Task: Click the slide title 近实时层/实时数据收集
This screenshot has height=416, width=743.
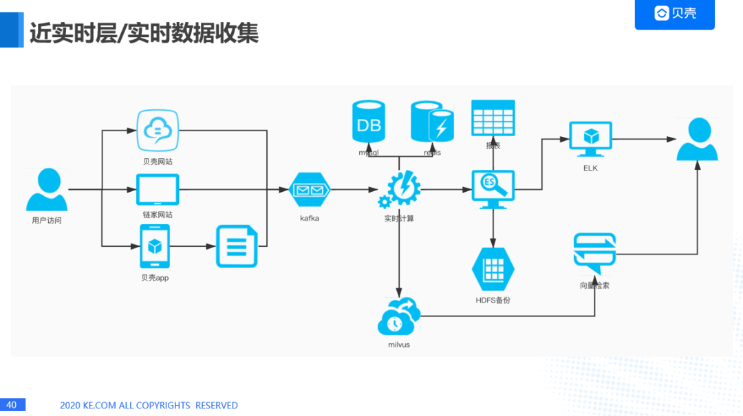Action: click(x=144, y=33)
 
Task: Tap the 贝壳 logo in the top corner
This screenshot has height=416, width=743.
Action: click(x=674, y=14)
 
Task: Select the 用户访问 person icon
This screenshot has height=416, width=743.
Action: click(x=47, y=190)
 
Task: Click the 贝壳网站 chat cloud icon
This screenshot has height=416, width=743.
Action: click(x=158, y=131)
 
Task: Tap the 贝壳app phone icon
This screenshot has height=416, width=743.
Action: click(x=155, y=246)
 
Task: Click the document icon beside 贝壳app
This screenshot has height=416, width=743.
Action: click(x=237, y=246)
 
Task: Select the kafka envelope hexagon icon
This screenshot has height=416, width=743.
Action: click(x=310, y=190)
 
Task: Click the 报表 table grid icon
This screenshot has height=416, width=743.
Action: click(x=493, y=118)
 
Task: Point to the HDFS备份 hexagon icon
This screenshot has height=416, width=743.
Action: click(x=493, y=269)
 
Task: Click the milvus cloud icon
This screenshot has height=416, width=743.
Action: click(x=398, y=316)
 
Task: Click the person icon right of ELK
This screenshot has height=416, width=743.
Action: click(x=697, y=139)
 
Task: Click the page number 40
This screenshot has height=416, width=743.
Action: click(x=12, y=405)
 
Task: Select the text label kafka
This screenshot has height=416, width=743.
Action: click(x=310, y=218)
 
